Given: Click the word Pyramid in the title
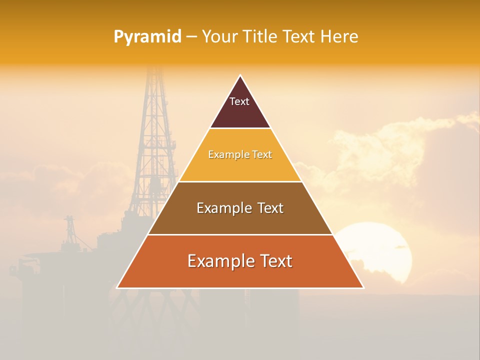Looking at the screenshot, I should click(x=147, y=37).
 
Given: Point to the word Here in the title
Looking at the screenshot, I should click(x=339, y=37).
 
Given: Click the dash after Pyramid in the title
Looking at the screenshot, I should click(x=191, y=37).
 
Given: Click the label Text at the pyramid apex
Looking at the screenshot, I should click(x=239, y=101).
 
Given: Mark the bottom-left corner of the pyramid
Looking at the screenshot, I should click(x=117, y=287).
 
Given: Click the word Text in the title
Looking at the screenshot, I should click(x=300, y=37).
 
